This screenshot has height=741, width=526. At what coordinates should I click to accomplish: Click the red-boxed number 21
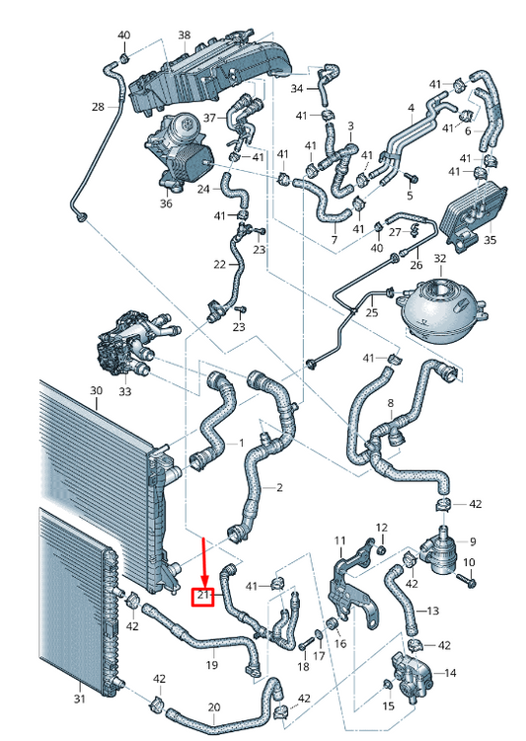coord(203,596)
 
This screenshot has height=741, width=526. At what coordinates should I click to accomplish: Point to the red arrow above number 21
coord(204,562)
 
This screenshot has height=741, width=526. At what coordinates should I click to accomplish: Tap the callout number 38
coord(185,35)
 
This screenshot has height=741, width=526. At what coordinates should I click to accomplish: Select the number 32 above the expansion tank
coord(439,259)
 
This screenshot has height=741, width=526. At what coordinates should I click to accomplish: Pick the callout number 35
coord(490,240)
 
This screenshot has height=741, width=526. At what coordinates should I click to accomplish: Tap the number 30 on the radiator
coord(96,391)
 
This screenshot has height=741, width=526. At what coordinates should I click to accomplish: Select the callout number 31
coord(79,698)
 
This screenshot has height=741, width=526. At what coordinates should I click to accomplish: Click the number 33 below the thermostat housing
coord(124,391)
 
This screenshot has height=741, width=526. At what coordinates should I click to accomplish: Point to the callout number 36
coord(166,204)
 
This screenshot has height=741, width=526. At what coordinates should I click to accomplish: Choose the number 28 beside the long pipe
coord(98,107)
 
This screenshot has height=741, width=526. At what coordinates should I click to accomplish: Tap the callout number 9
coord(473,541)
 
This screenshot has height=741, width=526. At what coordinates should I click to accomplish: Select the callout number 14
coord(450,673)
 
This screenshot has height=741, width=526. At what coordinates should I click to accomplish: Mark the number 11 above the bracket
coord(339,540)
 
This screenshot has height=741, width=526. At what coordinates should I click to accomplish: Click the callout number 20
coord(214,707)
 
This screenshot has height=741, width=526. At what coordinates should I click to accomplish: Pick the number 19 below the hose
coord(211,665)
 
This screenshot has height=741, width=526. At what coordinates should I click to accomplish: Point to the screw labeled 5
coord(412,178)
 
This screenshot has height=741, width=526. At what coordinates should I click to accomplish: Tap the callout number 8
coord(391,403)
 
